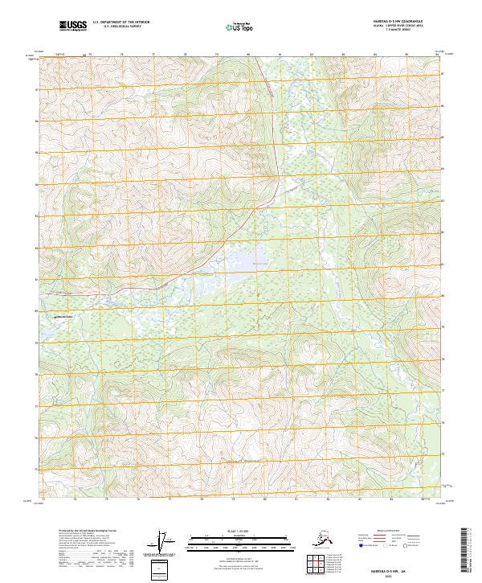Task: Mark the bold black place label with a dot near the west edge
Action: pos(61,317)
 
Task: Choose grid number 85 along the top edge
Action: pos(406,54)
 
